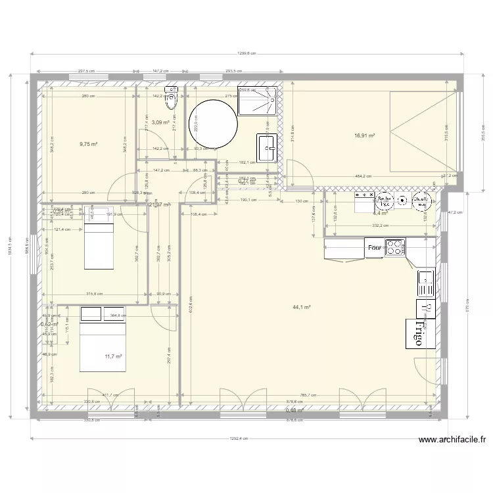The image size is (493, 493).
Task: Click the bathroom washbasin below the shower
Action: (x=267, y=147)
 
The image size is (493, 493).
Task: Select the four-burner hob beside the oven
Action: (x=395, y=248)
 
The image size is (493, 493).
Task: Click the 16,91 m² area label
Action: (x=364, y=136)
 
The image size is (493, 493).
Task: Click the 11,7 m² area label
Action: (x=114, y=356)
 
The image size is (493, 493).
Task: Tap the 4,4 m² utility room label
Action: (x=380, y=214)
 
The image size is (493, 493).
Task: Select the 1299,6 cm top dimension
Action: (x=247, y=55)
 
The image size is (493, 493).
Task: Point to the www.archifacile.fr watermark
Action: (x=451, y=440)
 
